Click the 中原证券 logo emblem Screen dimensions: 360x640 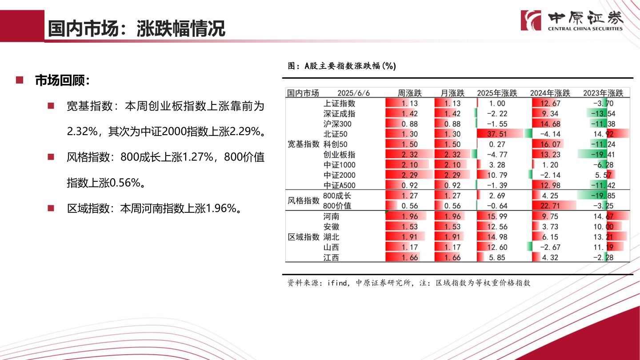(x=531, y=20)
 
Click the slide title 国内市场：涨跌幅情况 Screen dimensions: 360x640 (x=136, y=29)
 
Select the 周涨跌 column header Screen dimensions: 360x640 (x=409, y=93)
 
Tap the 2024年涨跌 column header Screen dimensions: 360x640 (x=550, y=93)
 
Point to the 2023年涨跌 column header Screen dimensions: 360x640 (x=603, y=93)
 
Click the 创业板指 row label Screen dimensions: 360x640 (x=339, y=155)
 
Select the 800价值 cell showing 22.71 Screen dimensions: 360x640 (x=550, y=206)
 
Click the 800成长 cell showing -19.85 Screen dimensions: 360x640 (x=603, y=196)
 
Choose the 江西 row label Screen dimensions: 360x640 (x=331, y=258)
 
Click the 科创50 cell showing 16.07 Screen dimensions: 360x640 (x=550, y=144)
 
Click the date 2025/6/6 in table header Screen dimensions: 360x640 (x=353, y=93)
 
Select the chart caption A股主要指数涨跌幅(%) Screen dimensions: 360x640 (x=350, y=66)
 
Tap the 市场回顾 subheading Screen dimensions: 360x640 (x=63, y=81)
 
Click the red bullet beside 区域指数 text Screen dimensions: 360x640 (x=51, y=208)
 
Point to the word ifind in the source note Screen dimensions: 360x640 (x=337, y=283)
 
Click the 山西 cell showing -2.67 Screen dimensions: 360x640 (x=550, y=247)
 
